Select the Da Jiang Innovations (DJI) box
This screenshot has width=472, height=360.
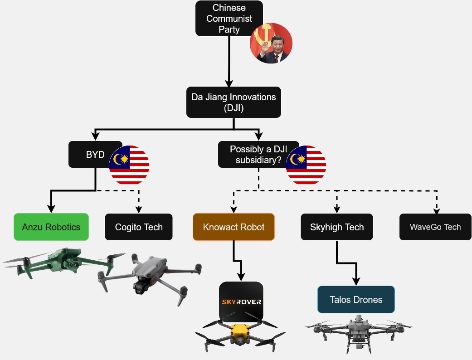click(234, 102)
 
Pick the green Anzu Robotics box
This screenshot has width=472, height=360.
click(51, 227)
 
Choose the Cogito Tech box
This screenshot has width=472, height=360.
click(139, 227)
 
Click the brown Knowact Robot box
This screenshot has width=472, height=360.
click(234, 227)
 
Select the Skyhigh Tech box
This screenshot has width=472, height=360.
click(337, 227)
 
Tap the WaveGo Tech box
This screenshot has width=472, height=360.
click(435, 227)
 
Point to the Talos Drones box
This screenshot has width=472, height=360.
click(356, 299)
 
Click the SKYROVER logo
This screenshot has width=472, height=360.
click(241, 302)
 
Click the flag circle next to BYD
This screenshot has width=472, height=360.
click(129, 165)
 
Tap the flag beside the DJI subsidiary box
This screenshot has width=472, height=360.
click(306, 165)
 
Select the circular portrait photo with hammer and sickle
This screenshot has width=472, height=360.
click(271, 44)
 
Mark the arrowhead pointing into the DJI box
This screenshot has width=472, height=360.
click(229, 83)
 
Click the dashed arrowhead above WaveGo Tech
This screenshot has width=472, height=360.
click(437, 210)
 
